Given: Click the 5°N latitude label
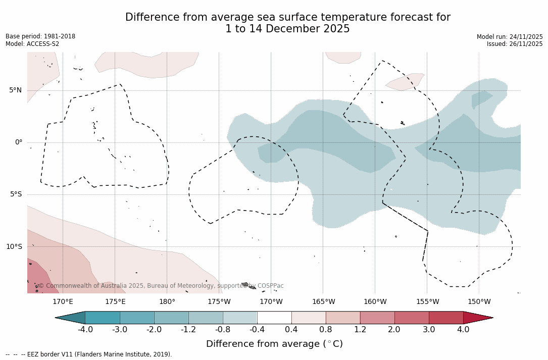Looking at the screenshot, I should coord(15,90).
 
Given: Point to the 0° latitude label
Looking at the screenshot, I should coord(19,142).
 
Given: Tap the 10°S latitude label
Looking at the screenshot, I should coord(14,247).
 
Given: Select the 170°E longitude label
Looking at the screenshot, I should coord(63,302).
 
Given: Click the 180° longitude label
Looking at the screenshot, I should coord(167,302).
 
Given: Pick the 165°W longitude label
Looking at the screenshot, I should coord(323,302).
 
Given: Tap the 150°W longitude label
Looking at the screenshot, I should coord(479,302).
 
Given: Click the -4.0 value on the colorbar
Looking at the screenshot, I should coord(85,330).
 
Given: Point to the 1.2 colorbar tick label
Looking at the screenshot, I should coord(360,330).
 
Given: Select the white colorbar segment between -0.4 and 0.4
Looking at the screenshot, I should coord(274,318).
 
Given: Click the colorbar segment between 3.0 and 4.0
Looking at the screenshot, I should coord(446,318).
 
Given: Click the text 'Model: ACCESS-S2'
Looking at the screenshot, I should coord(32,44).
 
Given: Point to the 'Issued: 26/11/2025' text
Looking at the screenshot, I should coord(515,44).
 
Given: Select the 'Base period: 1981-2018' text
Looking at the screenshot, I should coord(40,36).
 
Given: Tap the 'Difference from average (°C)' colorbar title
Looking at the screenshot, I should coord(274,344).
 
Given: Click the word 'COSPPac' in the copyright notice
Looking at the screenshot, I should coord(270,286).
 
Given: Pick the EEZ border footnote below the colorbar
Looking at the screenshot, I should coord(89,354).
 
